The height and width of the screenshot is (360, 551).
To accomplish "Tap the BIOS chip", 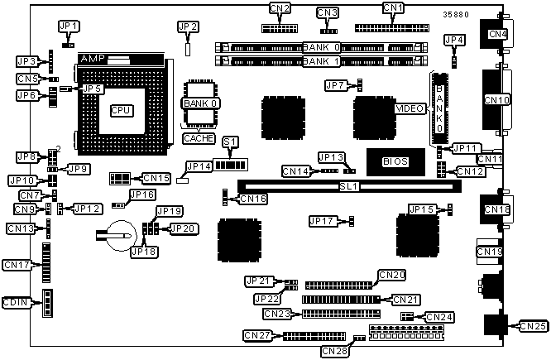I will pyautogui.click(x=395, y=161).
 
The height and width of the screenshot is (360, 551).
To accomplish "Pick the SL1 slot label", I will pyautogui.click(x=347, y=187).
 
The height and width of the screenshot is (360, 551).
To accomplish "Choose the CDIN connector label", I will pyautogui.click(x=17, y=303).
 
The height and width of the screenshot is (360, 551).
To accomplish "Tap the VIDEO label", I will pyautogui.click(x=410, y=108).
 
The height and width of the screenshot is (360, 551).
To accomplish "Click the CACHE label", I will pyautogui.click(x=199, y=138).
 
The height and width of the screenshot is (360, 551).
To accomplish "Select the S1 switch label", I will pyautogui.click(x=229, y=142).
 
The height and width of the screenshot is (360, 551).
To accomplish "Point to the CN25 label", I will pyautogui.click(x=534, y=326).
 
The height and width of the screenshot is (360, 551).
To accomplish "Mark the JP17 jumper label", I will pyautogui.click(x=323, y=221).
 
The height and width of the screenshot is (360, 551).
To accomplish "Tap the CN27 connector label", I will pyautogui.click(x=258, y=335).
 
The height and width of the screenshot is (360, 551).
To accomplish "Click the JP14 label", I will pyautogui.click(x=199, y=166).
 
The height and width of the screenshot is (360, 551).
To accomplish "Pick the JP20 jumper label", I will pyautogui.click(x=183, y=228).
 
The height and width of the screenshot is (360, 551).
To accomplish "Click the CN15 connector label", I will pyautogui.click(x=156, y=177).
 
